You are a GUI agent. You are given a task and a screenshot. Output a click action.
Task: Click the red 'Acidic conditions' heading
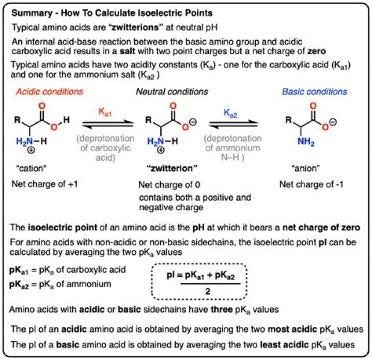(50, 92)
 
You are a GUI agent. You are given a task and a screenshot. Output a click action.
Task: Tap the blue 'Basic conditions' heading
(315, 92)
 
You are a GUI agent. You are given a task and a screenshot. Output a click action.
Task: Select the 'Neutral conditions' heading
(172, 92)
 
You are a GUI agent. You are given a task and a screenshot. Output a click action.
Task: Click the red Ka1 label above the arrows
(104, 112)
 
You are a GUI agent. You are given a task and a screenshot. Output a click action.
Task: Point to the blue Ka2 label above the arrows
(230, 113)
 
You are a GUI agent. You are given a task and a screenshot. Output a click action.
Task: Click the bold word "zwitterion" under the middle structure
(172, 168)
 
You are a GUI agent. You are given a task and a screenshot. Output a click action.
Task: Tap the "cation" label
(32, 168)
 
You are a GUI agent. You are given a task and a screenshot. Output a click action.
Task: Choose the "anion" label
(305, 168)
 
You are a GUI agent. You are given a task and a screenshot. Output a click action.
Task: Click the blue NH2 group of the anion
(306, 142)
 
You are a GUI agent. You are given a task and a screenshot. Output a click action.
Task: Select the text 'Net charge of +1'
(44, 184)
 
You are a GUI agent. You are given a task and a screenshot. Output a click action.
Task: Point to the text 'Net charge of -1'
(311, 184)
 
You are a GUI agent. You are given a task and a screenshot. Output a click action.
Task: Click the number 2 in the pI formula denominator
(208, 291)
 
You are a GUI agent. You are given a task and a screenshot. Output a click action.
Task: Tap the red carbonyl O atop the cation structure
(42, 106)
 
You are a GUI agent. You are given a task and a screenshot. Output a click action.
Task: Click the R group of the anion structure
(288, 120)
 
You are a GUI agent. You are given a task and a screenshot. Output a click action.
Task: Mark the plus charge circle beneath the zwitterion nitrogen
(161, 150)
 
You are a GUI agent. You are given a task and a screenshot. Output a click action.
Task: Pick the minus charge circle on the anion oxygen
(333, 122)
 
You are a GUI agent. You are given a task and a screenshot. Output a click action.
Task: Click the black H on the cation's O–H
(67, 120)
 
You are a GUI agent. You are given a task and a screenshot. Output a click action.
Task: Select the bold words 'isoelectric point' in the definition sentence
(63, 227)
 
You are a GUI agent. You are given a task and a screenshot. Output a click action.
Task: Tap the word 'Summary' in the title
(32, 13)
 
